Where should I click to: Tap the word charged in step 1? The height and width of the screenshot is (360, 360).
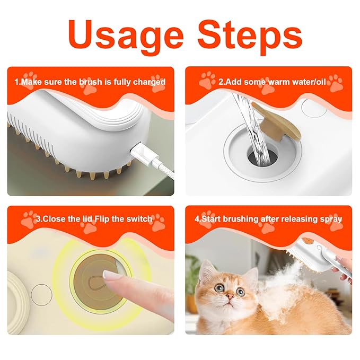151,82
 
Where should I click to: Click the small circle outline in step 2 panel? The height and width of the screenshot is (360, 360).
310,107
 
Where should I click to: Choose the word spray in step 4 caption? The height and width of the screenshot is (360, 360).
331,218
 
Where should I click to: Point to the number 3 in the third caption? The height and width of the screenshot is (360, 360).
39,218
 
